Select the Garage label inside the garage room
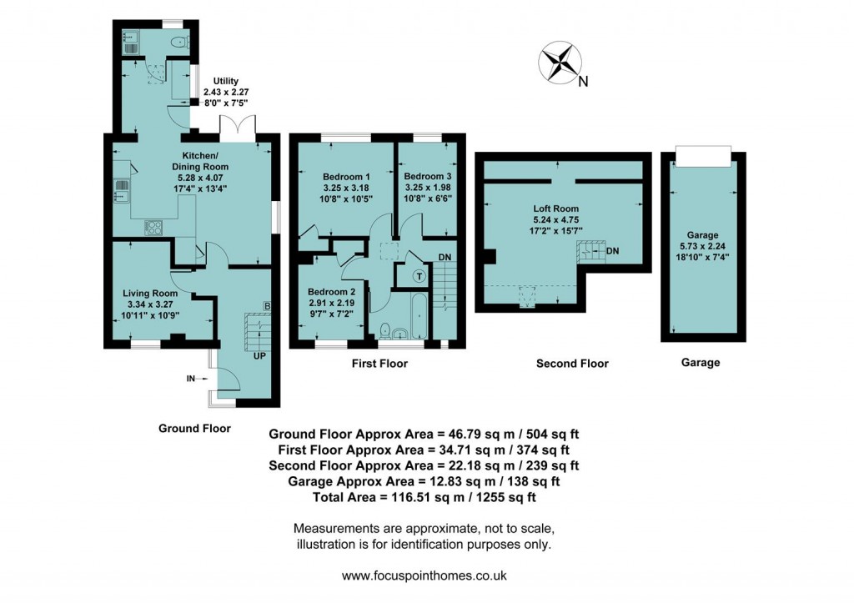[x=702, y=235]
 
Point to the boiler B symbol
[x=267, y=305]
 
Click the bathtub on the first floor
[x=418, y=315]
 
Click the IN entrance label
[x=191, y=379]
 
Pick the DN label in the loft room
[x=613, y=250]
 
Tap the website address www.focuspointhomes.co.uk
[x=424, y=575]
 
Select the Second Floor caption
[x=571, y=364]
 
